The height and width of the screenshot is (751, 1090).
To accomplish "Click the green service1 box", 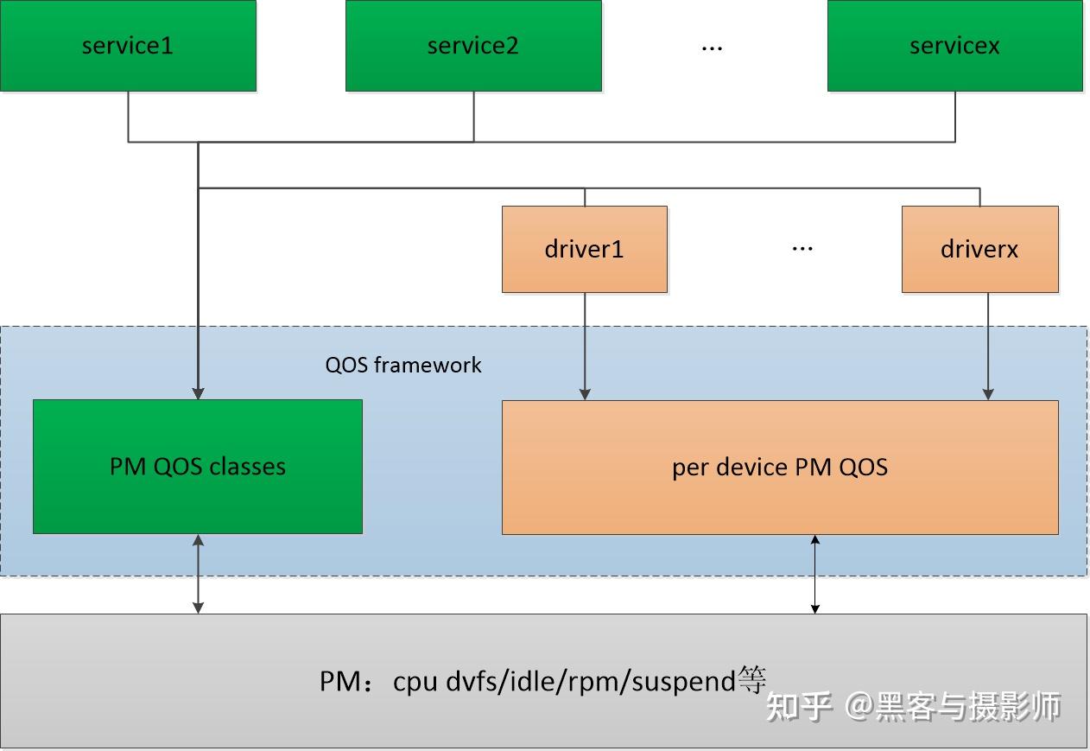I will coord(128,46).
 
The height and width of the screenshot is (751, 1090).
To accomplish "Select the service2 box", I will coord(473,46).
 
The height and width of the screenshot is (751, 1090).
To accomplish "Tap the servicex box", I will coord(954,46).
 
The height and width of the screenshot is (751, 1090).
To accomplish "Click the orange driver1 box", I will coord(584,249).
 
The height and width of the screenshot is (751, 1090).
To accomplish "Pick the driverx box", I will coord(979,249).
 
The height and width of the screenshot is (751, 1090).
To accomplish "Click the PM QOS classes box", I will coord(197,467).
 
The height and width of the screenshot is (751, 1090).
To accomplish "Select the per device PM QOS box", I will coord(779,468).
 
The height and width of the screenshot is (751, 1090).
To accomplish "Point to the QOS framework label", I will coord(402,365).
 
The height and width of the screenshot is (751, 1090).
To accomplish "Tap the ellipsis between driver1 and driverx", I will coord(802,250).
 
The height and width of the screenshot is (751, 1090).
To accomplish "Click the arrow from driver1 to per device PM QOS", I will coord(585,346).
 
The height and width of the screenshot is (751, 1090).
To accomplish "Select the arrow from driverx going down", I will coord(988,346).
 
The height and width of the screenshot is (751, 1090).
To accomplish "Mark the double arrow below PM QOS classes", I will coord(198,574).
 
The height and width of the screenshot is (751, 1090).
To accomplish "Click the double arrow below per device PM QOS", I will coord(814,575).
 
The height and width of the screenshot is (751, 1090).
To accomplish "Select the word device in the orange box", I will coord(748,468).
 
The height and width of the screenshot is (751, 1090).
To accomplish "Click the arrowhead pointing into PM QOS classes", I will coord(198,393).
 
